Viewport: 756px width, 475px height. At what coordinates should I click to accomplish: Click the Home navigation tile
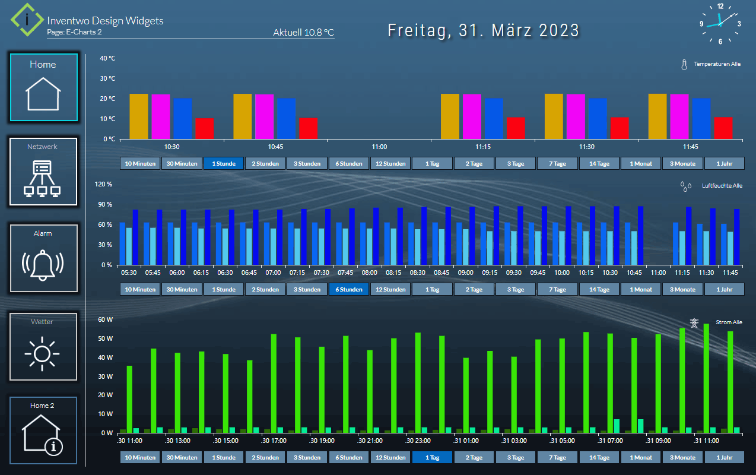coord(43,87)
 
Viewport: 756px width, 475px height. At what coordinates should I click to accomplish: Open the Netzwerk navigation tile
coord(43,172)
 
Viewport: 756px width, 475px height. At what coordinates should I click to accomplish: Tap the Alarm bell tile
coord(43,258)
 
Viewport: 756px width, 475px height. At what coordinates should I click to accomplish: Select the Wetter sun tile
coord(43,347)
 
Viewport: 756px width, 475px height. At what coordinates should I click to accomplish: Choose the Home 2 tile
coord(43,430)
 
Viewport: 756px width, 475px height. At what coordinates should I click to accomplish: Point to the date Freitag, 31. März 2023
coord(483,31)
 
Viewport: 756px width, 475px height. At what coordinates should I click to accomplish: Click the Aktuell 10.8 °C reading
coord(303,33)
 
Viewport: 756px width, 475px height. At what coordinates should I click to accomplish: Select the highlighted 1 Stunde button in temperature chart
coord(224,164)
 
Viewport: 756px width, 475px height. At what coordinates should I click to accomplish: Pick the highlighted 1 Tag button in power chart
coord(432,458)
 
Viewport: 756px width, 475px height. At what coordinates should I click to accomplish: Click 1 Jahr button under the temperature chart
coord(724,164)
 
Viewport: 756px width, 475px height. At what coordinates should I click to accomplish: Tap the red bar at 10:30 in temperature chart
coord(204,128)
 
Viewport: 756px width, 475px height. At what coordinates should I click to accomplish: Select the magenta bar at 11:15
coord(472,116)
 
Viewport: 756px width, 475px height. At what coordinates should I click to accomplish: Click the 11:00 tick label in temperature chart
coord(379,147)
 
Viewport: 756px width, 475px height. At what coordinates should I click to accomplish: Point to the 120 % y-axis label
coord(104,184)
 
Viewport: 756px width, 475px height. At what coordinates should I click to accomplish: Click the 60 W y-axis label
coord(105,319)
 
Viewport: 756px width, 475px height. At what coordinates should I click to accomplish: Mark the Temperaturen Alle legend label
coord(717,64)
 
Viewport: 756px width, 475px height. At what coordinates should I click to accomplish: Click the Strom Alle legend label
coord(729,322)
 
